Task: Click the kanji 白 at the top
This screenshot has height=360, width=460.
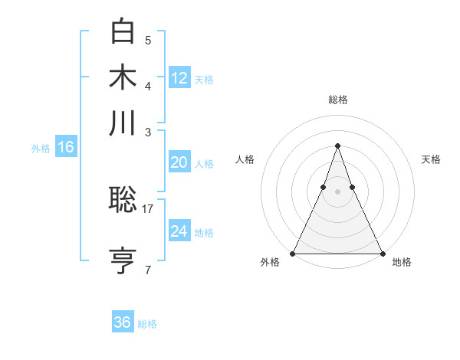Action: [123, 32]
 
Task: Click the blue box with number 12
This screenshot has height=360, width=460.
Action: [179, 77]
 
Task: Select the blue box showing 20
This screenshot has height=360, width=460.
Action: [179, 162]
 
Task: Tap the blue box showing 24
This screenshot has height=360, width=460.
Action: [179, 231]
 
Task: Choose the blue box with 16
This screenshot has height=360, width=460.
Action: [66, 147]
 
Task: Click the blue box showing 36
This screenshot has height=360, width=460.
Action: [123, 322]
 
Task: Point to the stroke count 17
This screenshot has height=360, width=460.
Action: [148, 208]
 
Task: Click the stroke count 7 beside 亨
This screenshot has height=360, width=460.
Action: [148, 270]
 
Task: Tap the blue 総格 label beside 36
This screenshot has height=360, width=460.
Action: [148, 324]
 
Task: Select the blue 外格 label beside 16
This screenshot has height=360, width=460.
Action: [41, 149]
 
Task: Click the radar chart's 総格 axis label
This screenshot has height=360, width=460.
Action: [337, 100]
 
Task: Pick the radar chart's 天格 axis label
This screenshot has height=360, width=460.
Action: [431, 159]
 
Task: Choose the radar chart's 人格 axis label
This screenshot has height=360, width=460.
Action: [245, 159]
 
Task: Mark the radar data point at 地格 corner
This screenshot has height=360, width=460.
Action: [382, 254]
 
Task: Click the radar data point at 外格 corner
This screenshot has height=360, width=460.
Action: [293, 254]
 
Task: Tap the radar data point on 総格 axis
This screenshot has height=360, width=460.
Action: [337, 146]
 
